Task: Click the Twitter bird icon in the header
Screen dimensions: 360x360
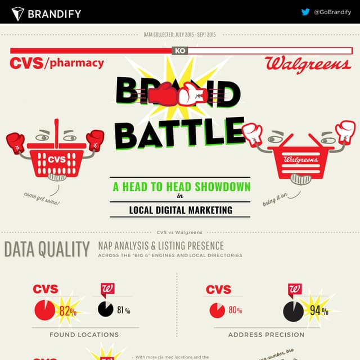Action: tap(305, 12)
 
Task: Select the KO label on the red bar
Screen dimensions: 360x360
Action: tap(180, 51)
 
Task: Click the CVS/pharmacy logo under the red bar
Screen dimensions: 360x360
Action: tap(57, 62)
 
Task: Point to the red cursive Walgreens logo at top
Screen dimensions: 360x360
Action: tap(308, 64)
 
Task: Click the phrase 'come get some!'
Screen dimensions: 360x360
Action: tap(42, 199)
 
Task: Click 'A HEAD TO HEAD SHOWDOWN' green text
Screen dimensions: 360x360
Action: tap(181, 187)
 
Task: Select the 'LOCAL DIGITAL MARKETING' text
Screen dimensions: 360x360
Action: tap(181, 210)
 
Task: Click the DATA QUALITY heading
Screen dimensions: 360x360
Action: tap(47, 249)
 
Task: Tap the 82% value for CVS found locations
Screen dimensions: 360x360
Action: tap(67, 310)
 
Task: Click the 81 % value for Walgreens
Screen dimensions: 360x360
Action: tap(124, 310)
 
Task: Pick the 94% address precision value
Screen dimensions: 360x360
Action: tap(318, 310)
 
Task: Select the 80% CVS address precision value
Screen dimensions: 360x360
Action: tap(235, 310)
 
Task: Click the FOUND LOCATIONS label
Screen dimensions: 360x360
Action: tap(84, 335)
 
